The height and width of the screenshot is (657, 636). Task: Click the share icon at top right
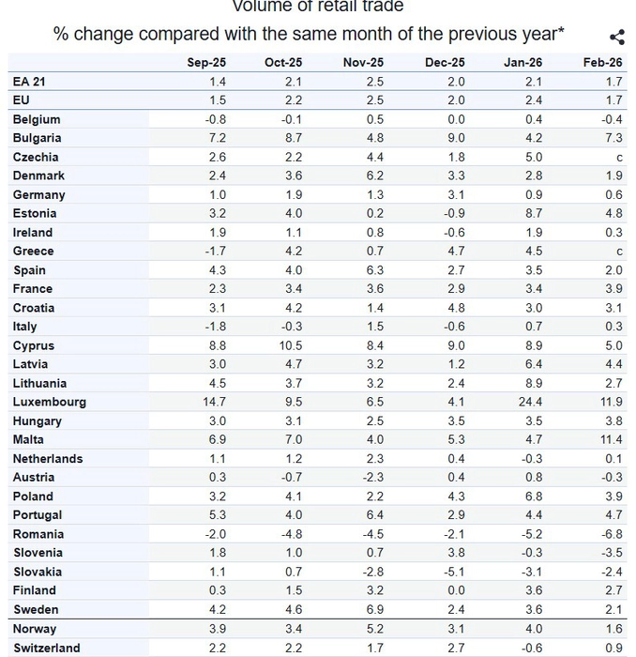pos(616,38)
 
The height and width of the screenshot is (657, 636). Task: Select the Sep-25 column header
pos(206,63)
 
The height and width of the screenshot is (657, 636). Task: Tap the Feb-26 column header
pos(602,63)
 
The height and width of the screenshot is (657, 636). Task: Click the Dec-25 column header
pos(445,63)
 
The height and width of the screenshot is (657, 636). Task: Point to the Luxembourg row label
pos(50,402)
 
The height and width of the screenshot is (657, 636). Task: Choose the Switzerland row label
pos(47,648)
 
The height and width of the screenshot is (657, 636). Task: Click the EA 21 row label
pos(29,82)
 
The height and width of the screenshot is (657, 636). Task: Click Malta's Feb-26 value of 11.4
pos(611,439)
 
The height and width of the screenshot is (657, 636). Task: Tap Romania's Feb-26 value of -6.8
pos(612,534)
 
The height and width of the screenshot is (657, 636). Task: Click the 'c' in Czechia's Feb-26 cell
pos(619,158)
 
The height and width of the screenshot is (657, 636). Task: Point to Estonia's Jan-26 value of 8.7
pos(534,213)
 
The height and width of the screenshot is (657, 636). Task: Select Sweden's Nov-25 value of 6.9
pos(374,609)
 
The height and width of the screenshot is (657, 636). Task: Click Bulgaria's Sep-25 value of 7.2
pos(217,138)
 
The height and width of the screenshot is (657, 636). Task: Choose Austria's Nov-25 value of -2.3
pos(372,477)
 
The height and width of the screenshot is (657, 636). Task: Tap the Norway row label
pos(35,629)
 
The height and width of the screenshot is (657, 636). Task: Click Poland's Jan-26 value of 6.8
pos(534,496)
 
